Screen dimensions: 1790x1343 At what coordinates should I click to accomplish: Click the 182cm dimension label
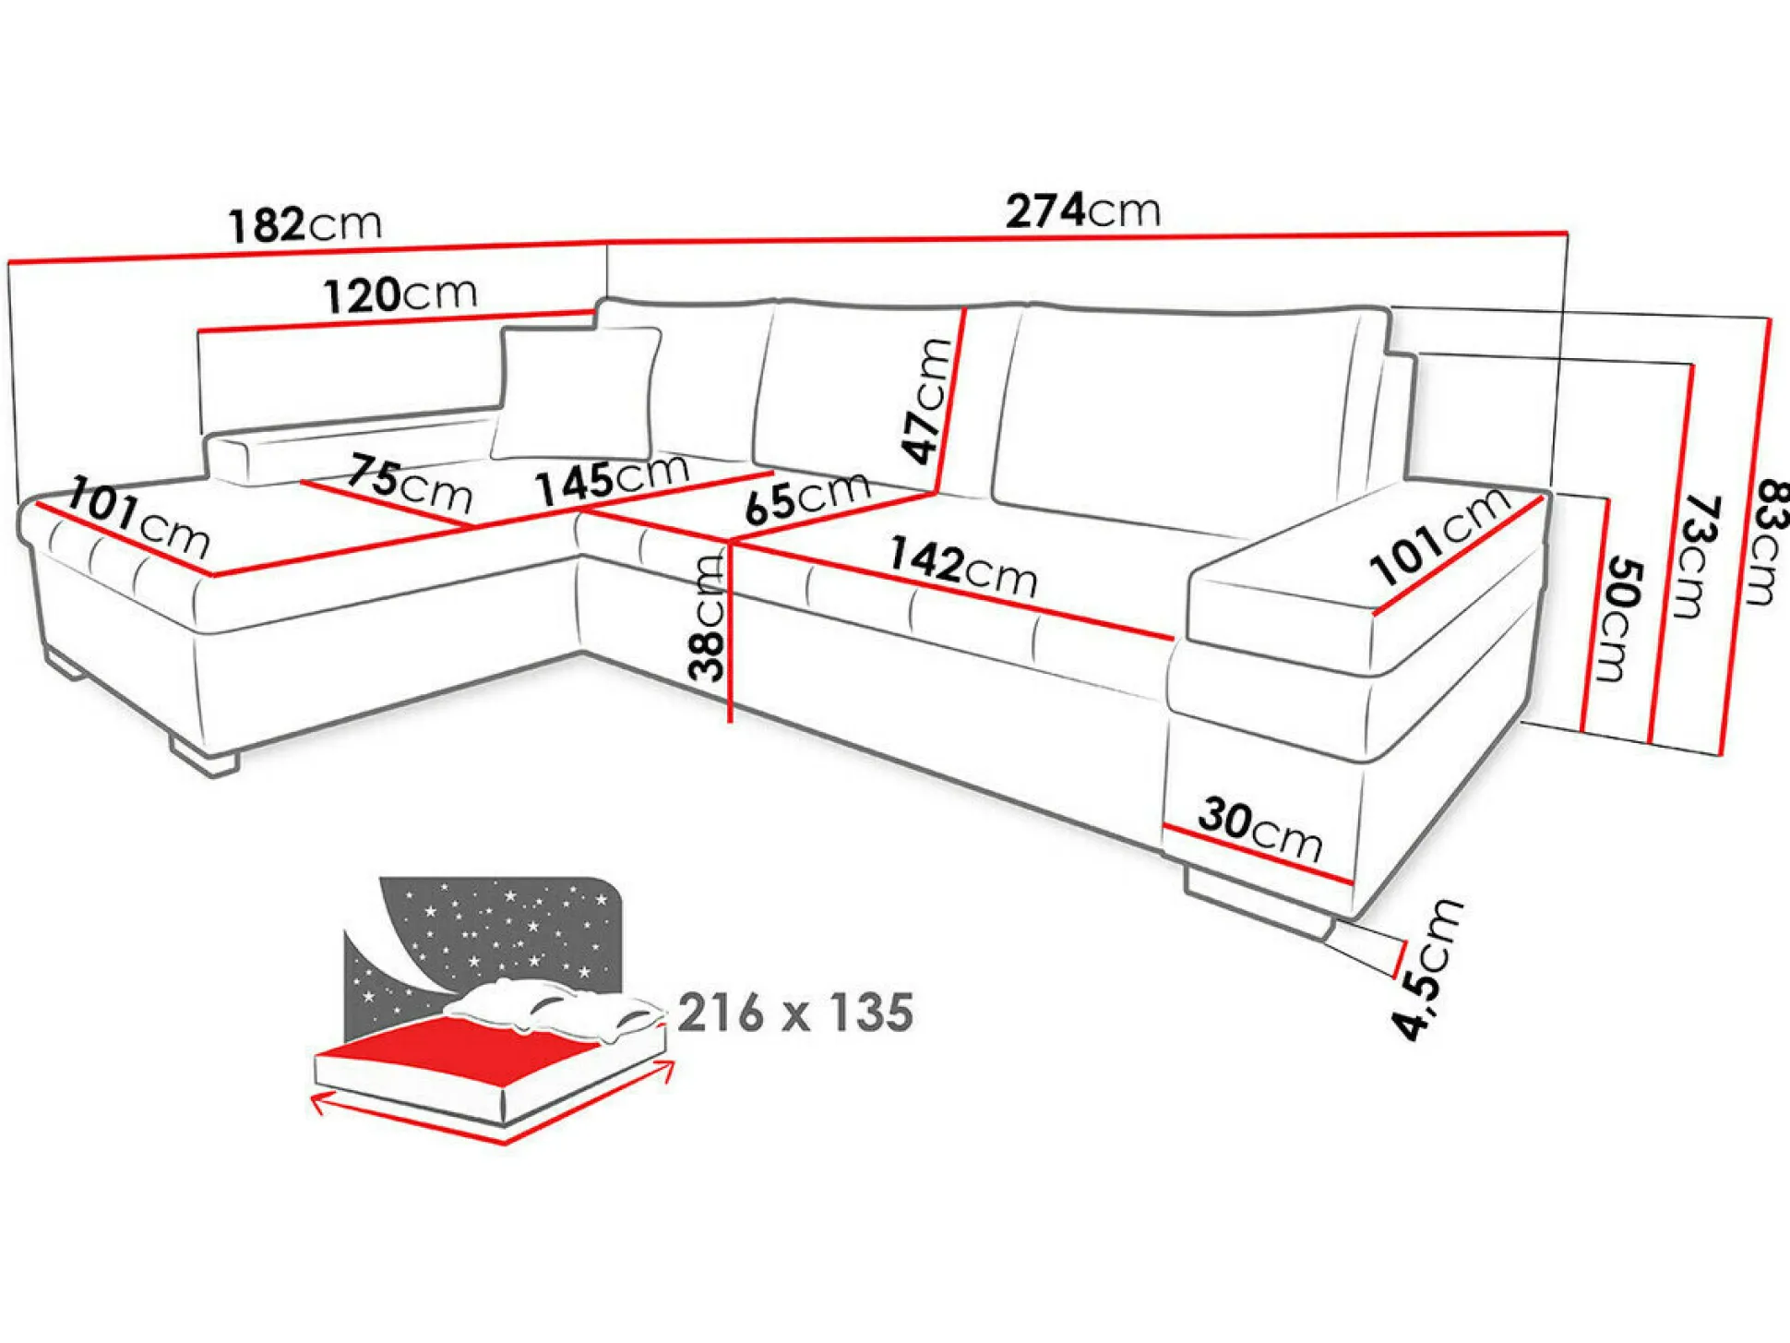point(304,225)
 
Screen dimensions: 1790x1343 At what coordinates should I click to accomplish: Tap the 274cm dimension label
point(1082,211)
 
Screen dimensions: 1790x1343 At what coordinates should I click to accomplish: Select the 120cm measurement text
point(400,295)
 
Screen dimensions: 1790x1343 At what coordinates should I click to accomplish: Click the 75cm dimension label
point(410,484)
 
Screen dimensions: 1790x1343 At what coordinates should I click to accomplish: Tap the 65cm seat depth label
point(807,498)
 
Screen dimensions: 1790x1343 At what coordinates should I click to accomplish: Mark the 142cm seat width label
point(963,568)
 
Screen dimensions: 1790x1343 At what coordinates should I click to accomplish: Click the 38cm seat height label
point(709,618)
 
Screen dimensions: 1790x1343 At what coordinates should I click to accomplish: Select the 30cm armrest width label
point(1260,829)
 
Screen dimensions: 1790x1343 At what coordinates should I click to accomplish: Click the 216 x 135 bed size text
point(795,1013)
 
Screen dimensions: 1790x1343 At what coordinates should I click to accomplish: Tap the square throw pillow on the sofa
point(577,393)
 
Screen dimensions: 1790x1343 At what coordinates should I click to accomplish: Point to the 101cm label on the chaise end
point(138,518)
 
